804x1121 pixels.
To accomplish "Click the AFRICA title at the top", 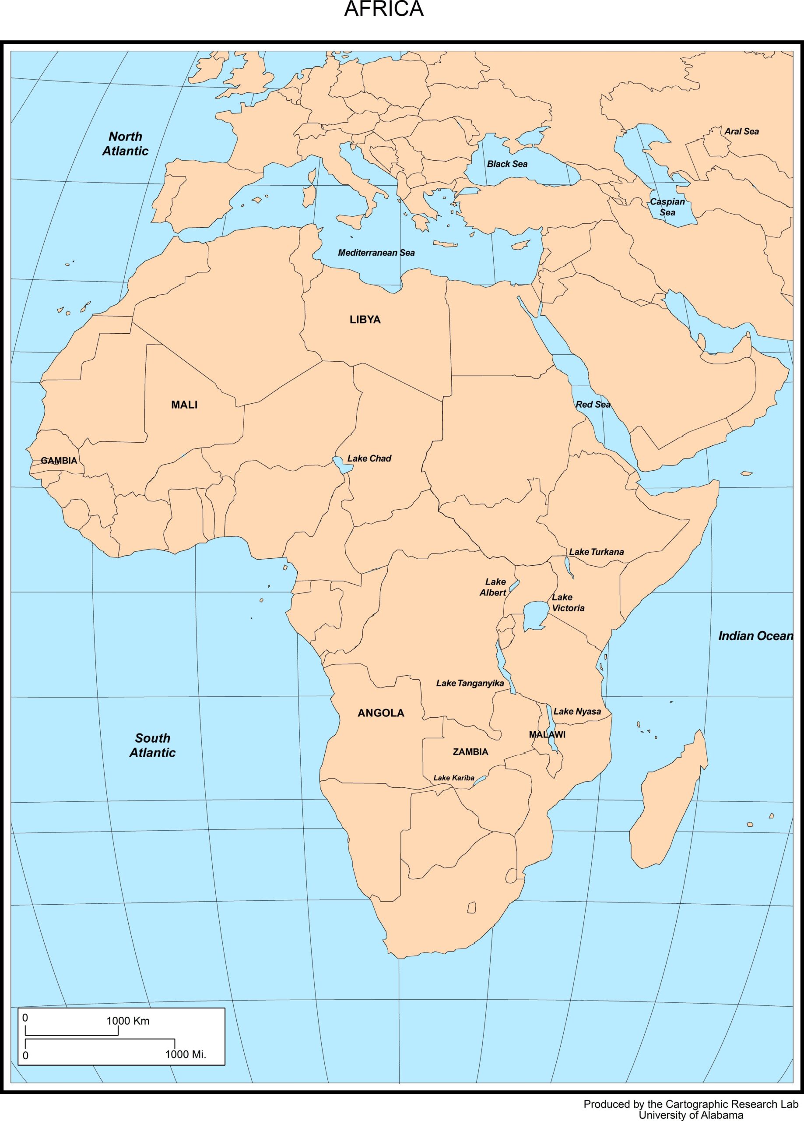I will (x=383, y=9).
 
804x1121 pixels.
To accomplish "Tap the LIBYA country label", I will (x=365, y=320).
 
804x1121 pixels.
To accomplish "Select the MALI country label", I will (x=184, y=405).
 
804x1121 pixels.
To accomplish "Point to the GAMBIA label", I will (x=59, y=461).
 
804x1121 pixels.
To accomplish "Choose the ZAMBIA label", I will (x=470, y=752).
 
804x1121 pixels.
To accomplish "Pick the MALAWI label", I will (x=547, y=734).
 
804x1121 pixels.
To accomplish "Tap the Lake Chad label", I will (x=369, y=458).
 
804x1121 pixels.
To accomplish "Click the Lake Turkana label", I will (x=596, y=552).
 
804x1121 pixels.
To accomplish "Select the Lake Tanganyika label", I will (x=470, y=684).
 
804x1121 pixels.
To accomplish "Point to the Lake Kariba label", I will (x=453, y=778).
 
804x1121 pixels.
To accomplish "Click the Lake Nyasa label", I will (x=577, y=712).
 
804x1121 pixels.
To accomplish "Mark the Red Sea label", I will (x=593, y=405).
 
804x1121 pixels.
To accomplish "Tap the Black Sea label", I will (x=507, y=164).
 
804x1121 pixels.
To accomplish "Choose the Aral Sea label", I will (x=741, y=131).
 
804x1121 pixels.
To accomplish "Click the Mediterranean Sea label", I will (x=376, y=253).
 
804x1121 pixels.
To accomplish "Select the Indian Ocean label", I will (x=755, y=636).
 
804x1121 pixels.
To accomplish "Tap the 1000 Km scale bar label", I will (x=127, y=1021).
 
